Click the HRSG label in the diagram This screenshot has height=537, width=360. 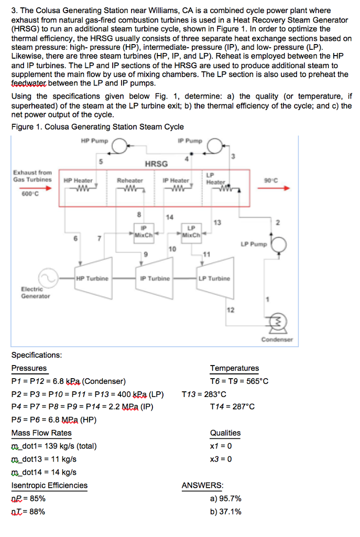[156, 164]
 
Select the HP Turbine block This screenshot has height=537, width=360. [93, 278]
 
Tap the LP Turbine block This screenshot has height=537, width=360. [214, 278]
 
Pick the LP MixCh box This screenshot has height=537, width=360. [191, 231]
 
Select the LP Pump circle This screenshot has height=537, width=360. [278, 245]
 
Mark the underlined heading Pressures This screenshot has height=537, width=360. [29, 368]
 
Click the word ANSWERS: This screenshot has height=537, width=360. [202, 486]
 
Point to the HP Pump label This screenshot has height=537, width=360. [94, 142]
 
